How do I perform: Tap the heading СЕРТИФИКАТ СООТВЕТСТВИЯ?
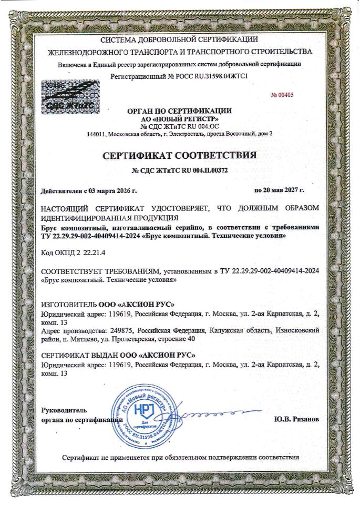(x=180, y=156)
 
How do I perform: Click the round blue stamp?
(x=140, y=415)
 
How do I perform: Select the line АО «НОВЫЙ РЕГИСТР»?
(x=180, y=119)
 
